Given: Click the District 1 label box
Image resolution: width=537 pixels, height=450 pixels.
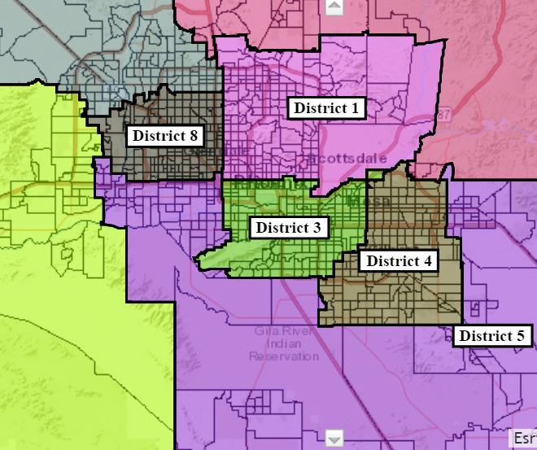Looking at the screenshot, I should pyautogui.click(x=325, y=107).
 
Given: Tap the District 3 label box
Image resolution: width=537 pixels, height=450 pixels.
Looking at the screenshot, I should pyautogui.click(x=289, y=227).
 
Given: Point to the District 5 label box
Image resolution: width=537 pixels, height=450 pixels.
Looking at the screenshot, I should pyautogui.click(x=493, y=335).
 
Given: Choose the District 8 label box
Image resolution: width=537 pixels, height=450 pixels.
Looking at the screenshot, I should pyautogui.click(x=165, y=135).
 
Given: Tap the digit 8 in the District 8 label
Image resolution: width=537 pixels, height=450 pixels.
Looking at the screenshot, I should pyautogui.click(x=195, y=135).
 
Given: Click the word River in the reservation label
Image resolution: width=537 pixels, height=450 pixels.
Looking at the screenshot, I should pyautogui.click(x=290, y=330).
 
